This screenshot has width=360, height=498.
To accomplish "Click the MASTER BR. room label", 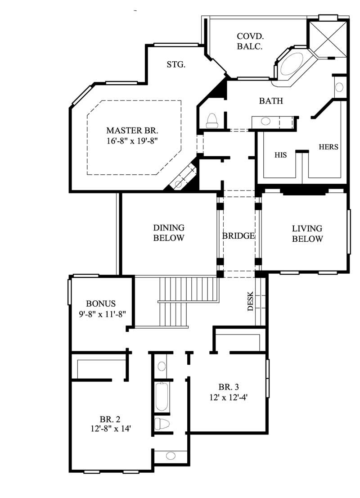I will (132, 131).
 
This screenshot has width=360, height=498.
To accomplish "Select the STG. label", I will (176, 65).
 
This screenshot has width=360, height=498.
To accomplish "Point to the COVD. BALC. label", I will (250, 41).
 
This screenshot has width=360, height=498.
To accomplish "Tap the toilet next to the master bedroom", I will (211, 121).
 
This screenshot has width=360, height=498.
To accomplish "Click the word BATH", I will (271, 101).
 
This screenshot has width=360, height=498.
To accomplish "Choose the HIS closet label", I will (281, 155).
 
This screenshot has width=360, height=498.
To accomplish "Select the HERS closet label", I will (328, 147).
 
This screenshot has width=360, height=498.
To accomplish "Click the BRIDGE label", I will (238, 235).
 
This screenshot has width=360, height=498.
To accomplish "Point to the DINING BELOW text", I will (169, 233).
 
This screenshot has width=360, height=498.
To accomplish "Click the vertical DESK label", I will (251, 301).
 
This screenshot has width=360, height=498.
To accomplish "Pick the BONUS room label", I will (101, 303).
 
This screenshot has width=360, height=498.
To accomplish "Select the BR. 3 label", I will (228, 387).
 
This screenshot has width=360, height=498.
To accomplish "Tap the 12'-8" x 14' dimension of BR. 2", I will (110, 429).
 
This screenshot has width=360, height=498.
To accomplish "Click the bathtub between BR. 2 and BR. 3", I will (161, 396).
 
